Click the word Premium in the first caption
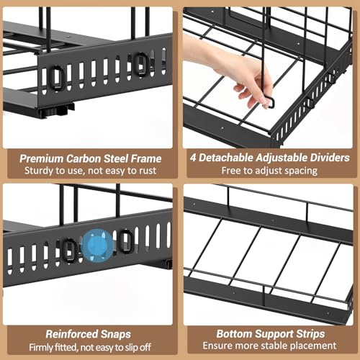click(x=41, y=158)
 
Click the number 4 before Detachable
click(x=193, y=158)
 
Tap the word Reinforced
click(x=72, y=334)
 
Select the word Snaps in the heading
click(x=116, y=334)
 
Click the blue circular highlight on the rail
click(x=97, y=246)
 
